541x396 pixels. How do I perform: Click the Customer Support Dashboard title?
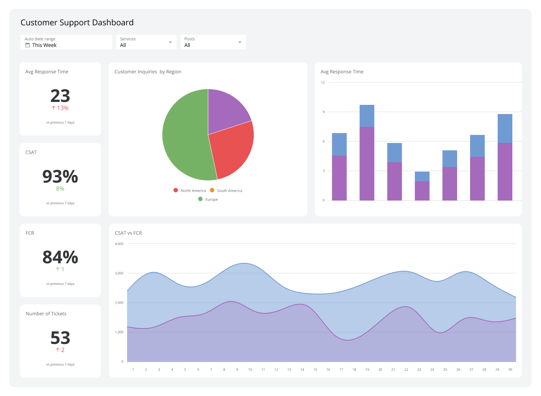pos(77,23)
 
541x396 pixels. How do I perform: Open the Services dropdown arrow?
pos(170,43)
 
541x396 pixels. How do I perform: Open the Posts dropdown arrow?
pos(240,43)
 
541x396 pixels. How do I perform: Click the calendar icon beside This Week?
pos(28,45)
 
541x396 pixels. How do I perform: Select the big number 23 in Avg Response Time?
pos(60,96)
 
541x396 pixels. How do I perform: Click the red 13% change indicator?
pos(60,108)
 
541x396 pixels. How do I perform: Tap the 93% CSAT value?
pos(60,177)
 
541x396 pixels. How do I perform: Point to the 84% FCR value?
pos(60,257)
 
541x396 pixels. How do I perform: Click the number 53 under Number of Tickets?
pos(60,338)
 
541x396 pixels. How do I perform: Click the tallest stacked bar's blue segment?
pos(367,116)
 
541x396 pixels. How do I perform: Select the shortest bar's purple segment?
pos(422,191)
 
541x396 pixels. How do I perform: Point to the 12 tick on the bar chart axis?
pos(323,82)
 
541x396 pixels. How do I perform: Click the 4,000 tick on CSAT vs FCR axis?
pos(119,244)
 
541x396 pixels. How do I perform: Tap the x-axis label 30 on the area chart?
pos(510,370)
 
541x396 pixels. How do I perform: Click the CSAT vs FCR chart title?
pos(128,233)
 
